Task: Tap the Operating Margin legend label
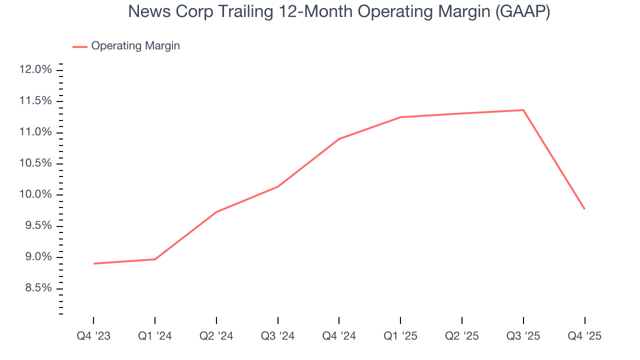[135, 46]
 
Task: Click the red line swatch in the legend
[80, 46]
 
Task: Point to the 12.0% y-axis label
[35, 69]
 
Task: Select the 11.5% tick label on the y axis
[35, 101]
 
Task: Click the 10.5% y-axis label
[35, 163]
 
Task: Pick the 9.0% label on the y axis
[37, 257]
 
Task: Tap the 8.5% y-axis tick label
[37, 288]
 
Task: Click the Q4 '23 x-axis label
[93, 336]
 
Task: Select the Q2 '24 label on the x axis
[216, 336]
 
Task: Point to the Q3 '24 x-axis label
[278, 336]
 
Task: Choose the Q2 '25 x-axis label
[462, 336]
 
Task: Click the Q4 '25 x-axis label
[584, 336]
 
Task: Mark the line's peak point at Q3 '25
[523, 110]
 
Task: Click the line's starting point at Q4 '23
[94, 263]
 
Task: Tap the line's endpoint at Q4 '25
[584, 209]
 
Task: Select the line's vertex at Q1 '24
[155, 259]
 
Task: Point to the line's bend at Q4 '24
[339, 139]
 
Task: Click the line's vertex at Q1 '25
[400, 117]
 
